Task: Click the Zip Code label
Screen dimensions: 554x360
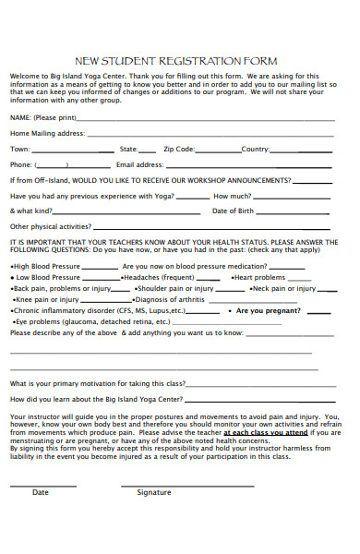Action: tap(179, 149)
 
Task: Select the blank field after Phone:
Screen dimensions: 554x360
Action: tap(66, 166)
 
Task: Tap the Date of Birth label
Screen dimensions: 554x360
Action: tap(234, 211)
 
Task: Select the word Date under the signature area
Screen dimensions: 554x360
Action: tap(41, 492)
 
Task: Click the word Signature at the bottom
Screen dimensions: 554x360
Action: tap(154, 492)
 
